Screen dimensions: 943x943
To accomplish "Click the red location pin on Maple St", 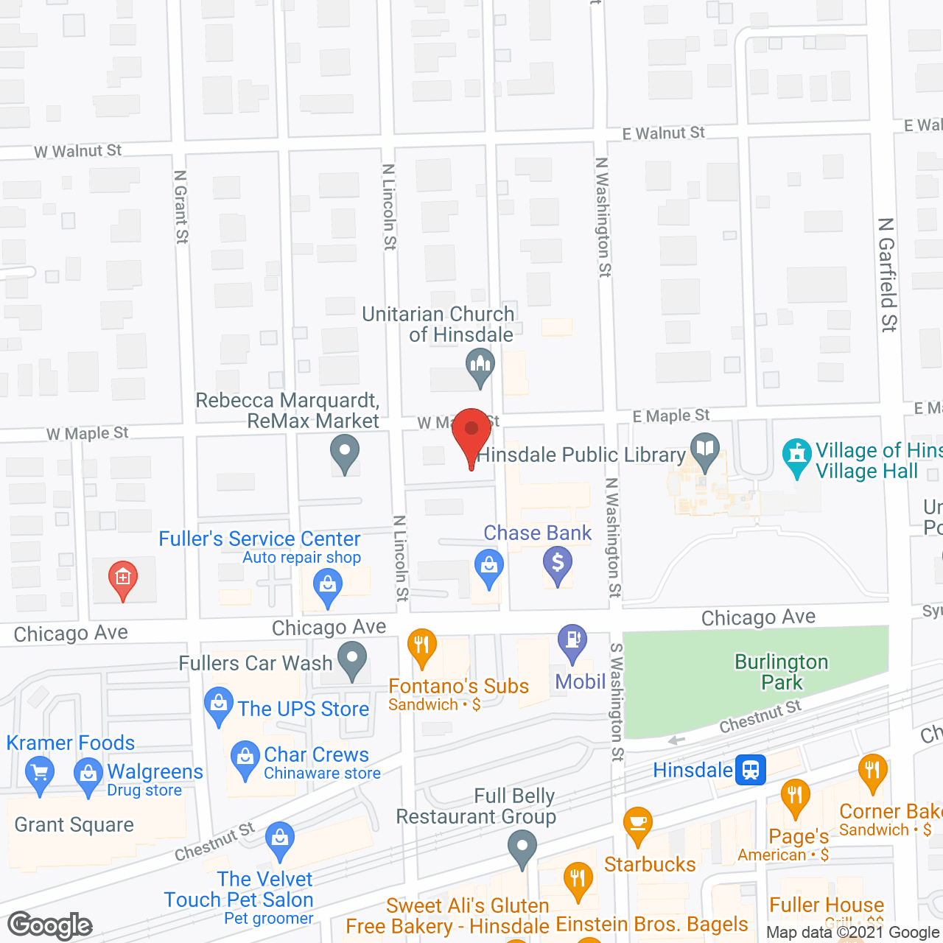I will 471,431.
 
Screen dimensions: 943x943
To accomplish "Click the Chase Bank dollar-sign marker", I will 558,564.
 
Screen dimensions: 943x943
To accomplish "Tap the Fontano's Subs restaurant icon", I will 421,647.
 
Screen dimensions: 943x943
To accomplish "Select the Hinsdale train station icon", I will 751,771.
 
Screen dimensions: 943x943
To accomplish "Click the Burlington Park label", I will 782,672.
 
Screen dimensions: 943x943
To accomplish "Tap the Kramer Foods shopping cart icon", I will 40,774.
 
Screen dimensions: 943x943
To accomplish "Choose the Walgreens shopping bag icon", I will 88,775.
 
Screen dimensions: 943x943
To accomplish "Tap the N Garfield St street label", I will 888,274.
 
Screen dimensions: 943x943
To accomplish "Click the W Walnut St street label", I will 78,151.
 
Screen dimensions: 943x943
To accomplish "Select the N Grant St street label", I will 181,207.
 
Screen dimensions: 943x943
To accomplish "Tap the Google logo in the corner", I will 50,925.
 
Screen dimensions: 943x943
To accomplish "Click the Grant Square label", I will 74,825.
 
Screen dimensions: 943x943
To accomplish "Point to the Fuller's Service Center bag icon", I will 327,587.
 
